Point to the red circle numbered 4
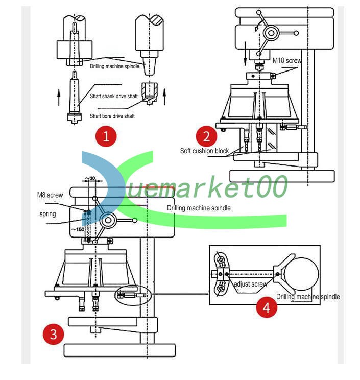[267, 307]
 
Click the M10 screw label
[287, 60]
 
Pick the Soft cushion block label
[204, 151]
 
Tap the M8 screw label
[50, 195]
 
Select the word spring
[47, 213]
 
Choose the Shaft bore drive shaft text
[112, 116]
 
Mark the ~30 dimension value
[91, 178]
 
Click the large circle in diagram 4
[301, 274]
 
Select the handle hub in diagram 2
[271, 33]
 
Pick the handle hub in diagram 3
[108, 221]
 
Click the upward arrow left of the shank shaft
[59, 94]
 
